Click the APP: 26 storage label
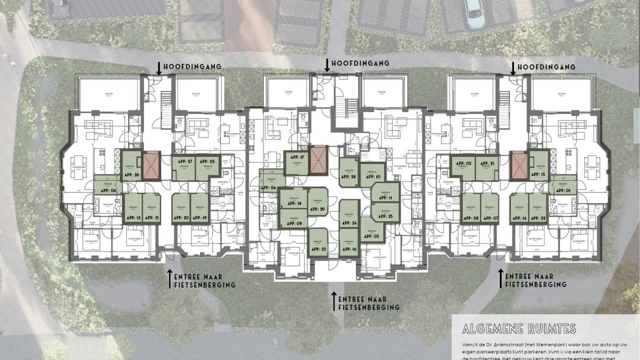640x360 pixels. pyautogui.click(x=131, y=174)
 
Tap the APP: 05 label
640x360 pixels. pyautogui.click(x=208, y=161)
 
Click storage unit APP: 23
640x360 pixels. pyautogui.click(x=317, y=248)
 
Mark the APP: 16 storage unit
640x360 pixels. pyautogui.click(x=350, y=248)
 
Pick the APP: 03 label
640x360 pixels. pyautogui.click(x=373, y=235)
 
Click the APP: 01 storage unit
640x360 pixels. pyautogui.click(x=564, y=190)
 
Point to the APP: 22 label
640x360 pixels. pyautogui.click(x=537, y=218)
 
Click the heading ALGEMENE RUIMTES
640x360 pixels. pyautogui.click(x=519, y=329)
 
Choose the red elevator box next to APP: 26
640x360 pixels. pyautogui.click(x=150, y=165)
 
